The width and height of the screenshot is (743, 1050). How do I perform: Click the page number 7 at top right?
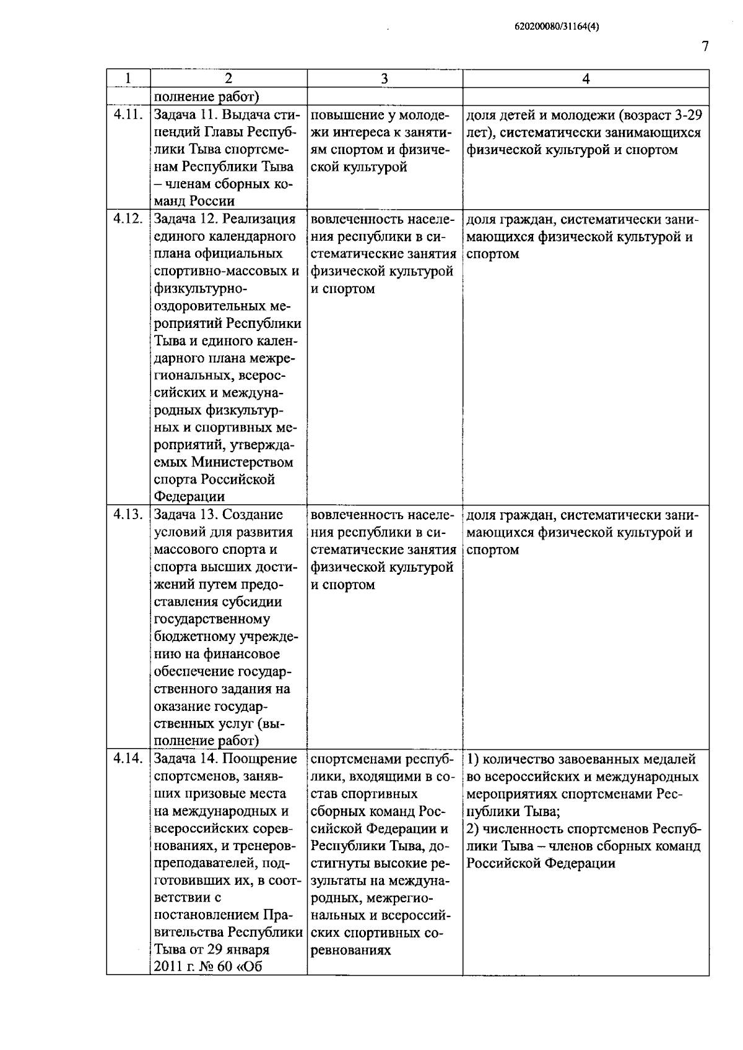tap(705, 47)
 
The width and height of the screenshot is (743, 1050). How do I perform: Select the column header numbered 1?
tap(128, 79)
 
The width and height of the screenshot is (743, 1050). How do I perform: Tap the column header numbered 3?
tap(385, 79)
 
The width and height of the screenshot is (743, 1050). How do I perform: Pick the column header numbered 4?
tap(586, 79)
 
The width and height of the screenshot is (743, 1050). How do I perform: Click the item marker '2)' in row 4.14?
tap(472, 829)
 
